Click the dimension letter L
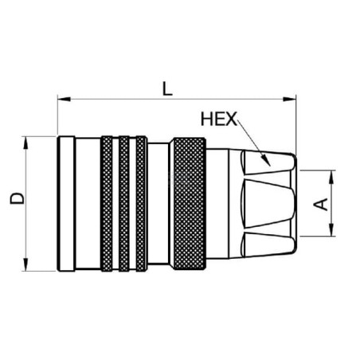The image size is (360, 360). (x=167, y=88)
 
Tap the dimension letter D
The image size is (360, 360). (x=18, y=198)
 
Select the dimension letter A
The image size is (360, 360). (x=321, y=204)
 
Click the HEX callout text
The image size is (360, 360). (x=219, y=119)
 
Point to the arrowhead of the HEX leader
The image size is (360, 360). (x=267, y=161)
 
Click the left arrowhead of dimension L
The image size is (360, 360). (x=64, y=100)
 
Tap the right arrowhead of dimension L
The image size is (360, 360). (x=289, y=100)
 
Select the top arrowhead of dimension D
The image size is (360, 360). (x=25, y=143)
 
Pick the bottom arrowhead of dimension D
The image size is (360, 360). (x=25, y=264)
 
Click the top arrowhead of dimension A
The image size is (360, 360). (x=331, y=177)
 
